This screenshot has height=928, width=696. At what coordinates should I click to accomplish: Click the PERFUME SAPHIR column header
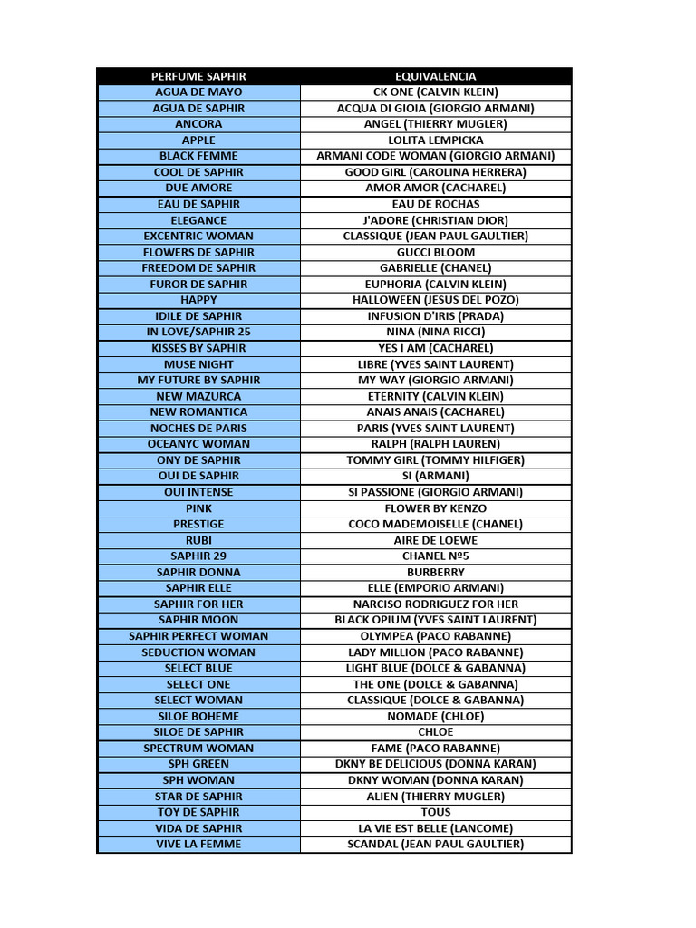(198, 76)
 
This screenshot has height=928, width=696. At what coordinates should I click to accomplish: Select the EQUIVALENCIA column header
(435, 76)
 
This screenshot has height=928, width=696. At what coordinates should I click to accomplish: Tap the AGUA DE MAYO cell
(198, 92)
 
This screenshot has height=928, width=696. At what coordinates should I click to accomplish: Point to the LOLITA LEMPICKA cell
(435, 140)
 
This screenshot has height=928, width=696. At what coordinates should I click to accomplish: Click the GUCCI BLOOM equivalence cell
(435, 252)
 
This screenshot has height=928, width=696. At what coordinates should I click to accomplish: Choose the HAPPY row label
(198, 300)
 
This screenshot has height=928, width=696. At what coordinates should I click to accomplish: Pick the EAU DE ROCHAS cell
(435, 204)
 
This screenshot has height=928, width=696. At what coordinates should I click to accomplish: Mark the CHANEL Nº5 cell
(435, 556)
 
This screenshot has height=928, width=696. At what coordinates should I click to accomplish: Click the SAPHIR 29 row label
(198, 556)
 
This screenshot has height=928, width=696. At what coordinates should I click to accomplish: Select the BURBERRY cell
(435, 572)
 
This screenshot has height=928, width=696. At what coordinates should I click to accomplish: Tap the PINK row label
(198, 508)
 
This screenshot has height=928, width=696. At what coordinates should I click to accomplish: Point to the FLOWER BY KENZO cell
(435, 508)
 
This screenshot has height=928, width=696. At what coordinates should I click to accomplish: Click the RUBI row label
(198, 540)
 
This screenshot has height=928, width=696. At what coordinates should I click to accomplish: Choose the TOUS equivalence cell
(435, 812)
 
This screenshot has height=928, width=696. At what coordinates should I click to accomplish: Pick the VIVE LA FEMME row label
(198, 844)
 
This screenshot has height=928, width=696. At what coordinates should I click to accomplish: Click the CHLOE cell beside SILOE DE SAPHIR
(435, 732)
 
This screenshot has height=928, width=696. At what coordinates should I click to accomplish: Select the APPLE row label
(198, 140)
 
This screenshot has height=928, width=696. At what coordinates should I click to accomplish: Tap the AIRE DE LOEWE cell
(435, 540)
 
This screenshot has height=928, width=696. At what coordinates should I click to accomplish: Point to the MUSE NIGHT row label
(198, 364)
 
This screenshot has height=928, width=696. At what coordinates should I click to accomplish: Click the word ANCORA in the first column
(198, 124)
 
